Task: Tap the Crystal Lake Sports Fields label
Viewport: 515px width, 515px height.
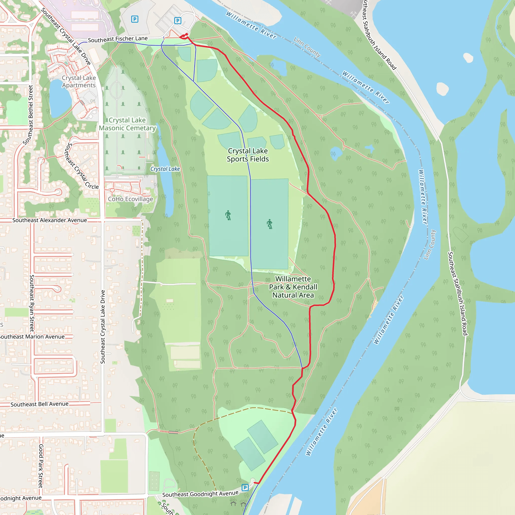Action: click(x=248, y=155)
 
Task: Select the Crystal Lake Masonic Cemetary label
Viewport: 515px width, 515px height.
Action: click(x=127, y=124)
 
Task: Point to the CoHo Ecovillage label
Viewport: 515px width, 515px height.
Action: click(x=130, y=199)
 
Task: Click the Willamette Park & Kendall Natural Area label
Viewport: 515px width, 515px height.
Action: click(x=293, y=287)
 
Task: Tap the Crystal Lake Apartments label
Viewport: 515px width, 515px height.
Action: click(x=79, y=81)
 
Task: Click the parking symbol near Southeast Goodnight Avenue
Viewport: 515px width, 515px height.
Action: click(x=245, y=488)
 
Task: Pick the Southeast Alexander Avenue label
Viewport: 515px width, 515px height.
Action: click(x=50, y=220)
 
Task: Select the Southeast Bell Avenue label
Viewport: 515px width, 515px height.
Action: click(x=39, y=404)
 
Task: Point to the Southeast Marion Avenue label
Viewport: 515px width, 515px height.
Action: click(x=32, y=337)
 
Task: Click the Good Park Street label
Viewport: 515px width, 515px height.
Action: click(x=41, y=466)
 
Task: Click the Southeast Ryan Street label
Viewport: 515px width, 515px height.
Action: click(x=32, y=303)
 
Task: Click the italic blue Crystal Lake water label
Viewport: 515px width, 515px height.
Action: click(x=165, y=169)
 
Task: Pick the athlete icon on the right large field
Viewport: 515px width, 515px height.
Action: click(x=270, y=224)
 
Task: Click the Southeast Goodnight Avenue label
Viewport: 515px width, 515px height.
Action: click(x=200, y=494)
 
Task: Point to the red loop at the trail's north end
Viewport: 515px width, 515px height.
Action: click(x=184, y=36)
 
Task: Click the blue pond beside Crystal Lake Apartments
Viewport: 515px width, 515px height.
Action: click(x=60, y=99)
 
